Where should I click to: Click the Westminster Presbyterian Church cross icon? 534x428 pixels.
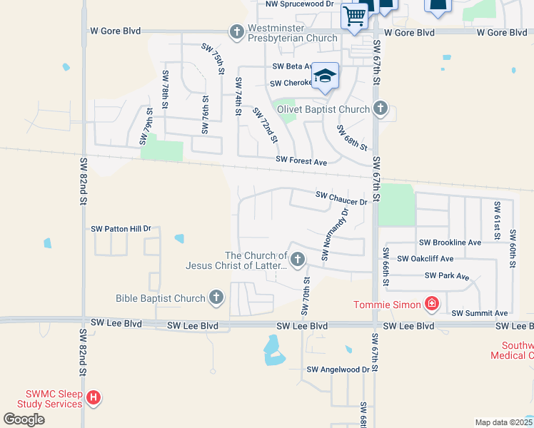(237, 32)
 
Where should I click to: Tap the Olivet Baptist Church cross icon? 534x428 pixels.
(381, 109)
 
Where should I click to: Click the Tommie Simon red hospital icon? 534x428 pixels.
(431, 305)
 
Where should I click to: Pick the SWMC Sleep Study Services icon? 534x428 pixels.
(93, 398)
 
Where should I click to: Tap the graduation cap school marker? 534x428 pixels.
(325, 78)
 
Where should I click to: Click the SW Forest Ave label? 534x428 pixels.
(301, 162)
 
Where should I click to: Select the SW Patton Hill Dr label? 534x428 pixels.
(121, 229)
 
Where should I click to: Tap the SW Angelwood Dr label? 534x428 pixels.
(338, 370)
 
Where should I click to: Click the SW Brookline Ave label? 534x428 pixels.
(450, 243)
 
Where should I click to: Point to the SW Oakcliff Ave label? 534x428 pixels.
(425, 259)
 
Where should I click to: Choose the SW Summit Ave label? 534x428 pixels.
(479, 313)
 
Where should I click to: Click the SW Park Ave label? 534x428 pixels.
(446, 275)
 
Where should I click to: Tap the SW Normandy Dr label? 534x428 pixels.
(336, 234)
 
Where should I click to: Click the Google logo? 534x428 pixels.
(24, 419)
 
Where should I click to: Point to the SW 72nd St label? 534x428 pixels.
(263, 125)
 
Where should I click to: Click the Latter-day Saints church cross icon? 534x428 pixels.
(298, 259)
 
